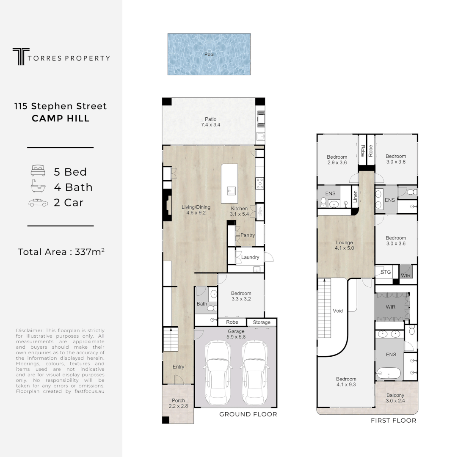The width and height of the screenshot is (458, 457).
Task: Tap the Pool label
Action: click(209, 54)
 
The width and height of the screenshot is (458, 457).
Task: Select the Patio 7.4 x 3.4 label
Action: click(210, 122)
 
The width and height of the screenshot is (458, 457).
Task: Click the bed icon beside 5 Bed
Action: click(38, 171)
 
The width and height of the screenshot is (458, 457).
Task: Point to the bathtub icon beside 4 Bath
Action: click(38, 187)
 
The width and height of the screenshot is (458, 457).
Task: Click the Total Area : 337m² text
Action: click(61, 252)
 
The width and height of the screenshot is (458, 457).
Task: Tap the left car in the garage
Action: click(219, 373)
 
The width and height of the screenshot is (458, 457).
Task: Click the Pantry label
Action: click(248, 235)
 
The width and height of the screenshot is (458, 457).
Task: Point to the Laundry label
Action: click(250, 257)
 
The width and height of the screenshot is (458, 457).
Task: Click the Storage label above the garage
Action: click(262, 322)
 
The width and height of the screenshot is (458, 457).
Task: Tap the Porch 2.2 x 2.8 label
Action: click(178, 403)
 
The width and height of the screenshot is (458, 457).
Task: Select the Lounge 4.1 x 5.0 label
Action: click(344, 245)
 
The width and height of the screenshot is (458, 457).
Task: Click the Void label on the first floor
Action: click(338, 311)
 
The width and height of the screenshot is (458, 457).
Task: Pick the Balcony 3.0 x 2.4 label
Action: click(395, 398)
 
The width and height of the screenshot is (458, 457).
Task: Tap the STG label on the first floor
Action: click(385, 272)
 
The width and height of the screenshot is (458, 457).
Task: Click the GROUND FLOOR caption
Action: click(248, 414)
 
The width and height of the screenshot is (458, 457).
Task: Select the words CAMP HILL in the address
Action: click(61, 118)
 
